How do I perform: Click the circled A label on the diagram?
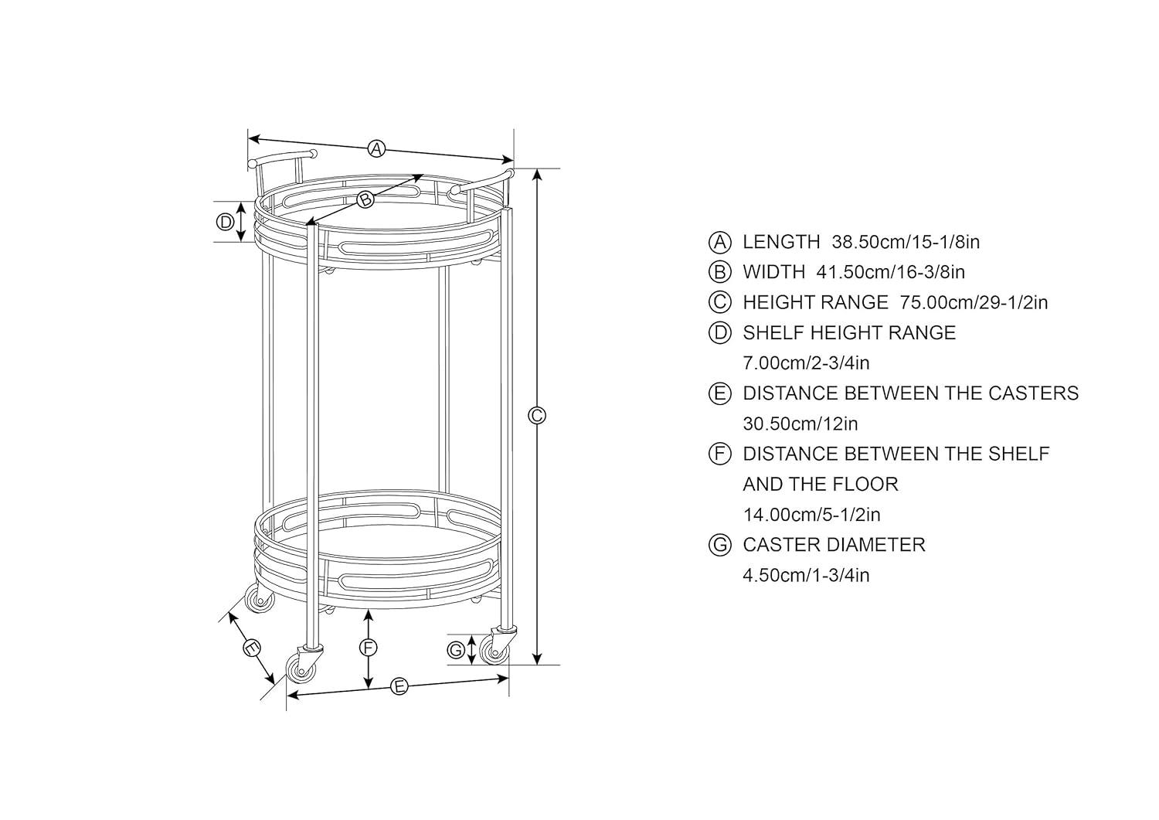(x=376, y=148)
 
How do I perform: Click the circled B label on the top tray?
(x=365, y=199)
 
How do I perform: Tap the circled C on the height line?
(x=537, y=416)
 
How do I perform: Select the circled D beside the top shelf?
(x=225, y=223)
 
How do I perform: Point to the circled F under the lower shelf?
(x=369, y=648)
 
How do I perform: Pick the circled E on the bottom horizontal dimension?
(x=399, y=686)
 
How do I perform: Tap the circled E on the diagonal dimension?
(x=252, y=648)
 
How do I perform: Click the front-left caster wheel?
(x=301, y=669)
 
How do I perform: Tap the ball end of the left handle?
(x=253, y=164)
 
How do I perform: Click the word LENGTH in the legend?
(x=781, y=242)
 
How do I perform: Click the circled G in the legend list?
(x=719, y=545)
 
